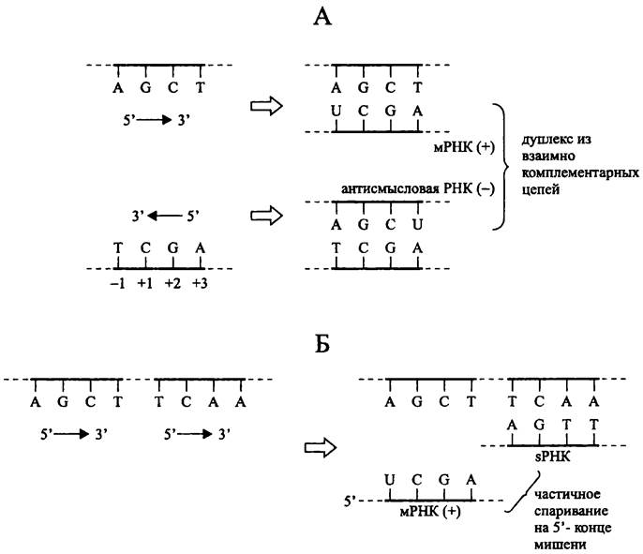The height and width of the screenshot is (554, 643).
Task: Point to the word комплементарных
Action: click(x=573, y=173)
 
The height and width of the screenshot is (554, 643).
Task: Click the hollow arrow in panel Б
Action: click(x=323, y=445)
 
